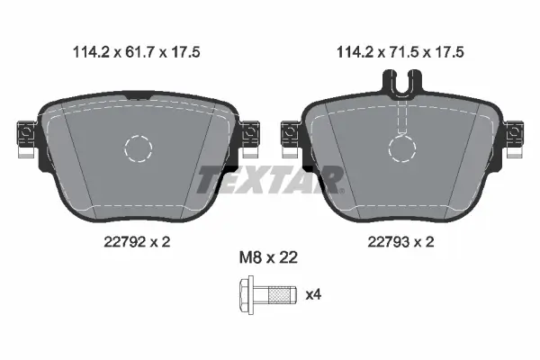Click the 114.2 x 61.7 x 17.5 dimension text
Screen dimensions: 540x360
point(137,52)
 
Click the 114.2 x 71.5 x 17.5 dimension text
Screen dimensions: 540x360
point(400,52)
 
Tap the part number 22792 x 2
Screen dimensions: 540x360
point(137,242)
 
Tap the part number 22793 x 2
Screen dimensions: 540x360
point(400,242)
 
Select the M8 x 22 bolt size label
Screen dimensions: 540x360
point(268,257)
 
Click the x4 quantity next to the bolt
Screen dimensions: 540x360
point(313,294)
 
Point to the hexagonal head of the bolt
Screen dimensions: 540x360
point(247,295)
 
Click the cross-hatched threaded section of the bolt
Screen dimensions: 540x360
point(279,295)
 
